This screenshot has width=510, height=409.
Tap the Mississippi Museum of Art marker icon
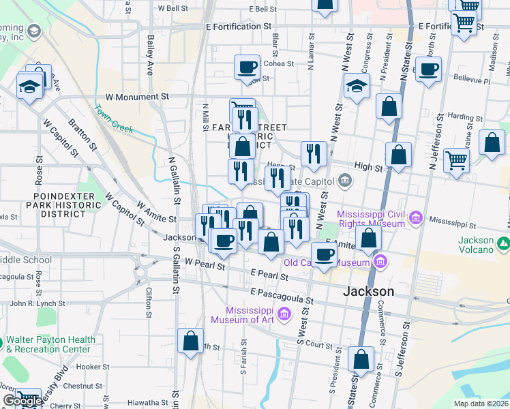point(285,314)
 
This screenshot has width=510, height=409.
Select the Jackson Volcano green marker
point(502,243)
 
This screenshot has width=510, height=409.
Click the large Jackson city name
point(368,291)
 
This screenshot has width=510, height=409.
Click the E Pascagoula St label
point(281,295)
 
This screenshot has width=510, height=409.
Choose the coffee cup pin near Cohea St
point(247,67)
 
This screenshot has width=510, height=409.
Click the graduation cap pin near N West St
point(356,85)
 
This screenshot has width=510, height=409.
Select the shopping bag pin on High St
point(398,155)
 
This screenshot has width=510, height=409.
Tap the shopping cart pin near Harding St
point(456,160)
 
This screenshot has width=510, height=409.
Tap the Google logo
point(22,402)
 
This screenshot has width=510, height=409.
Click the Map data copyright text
point(481,404)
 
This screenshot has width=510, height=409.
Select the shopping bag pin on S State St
point(361,359)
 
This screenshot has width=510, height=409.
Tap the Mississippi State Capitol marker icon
point(346,181)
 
